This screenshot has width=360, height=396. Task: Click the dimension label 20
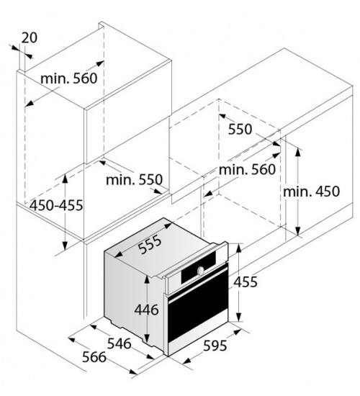tap(29, 38)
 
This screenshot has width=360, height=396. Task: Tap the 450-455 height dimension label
tap(56, 205)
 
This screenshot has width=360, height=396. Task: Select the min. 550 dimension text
tap(134, 180)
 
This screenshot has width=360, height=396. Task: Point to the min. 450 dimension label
tap(311, 192)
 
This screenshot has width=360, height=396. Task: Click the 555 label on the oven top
tap(150, 245)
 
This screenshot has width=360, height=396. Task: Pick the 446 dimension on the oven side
tap(146, 310)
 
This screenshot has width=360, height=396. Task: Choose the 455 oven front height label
tap(245, 282)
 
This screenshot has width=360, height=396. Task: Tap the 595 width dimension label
tap(215, 346)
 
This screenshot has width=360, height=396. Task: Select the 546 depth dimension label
tap(120, 343)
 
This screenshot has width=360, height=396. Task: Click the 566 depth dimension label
tap(94, 357)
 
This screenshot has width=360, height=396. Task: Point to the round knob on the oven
tap(201, 270)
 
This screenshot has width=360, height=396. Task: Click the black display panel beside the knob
tap(199, 267)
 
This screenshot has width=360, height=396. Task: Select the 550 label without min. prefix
tap(240, 129)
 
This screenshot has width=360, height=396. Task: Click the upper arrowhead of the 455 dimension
tap(238, 248)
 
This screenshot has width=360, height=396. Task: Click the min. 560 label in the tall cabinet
tap(68, 78)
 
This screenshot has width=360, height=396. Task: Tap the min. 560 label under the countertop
tap(247, 169)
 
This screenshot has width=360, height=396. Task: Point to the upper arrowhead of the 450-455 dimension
tap(65, 178)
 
